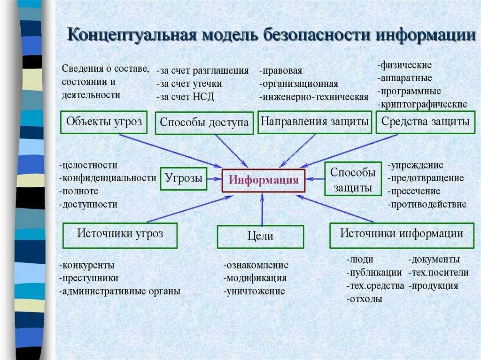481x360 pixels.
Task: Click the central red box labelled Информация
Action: pos(264,180)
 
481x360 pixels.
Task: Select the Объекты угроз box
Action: pos(104,122)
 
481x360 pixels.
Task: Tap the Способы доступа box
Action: pos(204,123)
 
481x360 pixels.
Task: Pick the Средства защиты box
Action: pos(425,122)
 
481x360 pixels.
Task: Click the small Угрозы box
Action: pos(184,178)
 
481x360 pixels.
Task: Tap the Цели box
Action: pos(260,237)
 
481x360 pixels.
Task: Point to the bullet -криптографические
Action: pos(422,104)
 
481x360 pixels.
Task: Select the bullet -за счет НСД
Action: pos(186,97)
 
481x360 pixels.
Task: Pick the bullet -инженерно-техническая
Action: pos(313,97)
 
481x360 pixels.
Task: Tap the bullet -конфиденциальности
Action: pos(108,178)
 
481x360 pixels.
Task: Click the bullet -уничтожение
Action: pos(254,291)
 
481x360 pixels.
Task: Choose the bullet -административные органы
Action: pos(120,291)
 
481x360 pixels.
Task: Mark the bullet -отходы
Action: pos(364,299)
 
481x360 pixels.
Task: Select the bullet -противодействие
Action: pos(427,204)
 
